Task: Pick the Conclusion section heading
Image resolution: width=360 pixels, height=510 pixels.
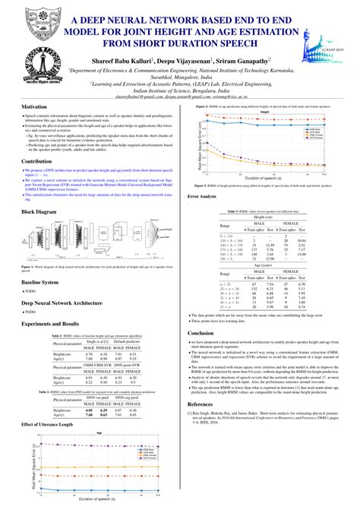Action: coord(201,333)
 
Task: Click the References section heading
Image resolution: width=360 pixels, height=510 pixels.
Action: coord(201,405)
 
